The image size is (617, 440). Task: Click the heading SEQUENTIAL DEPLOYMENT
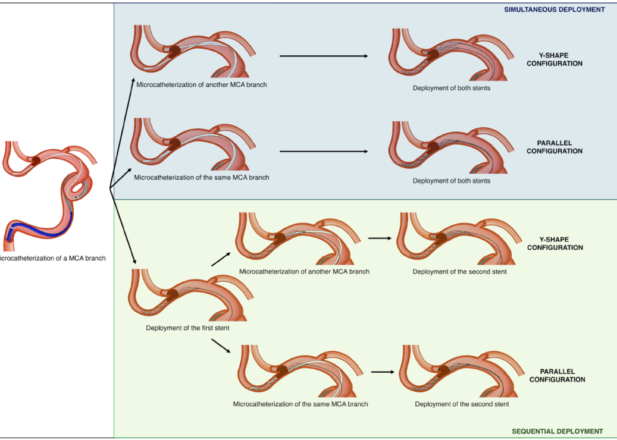558,431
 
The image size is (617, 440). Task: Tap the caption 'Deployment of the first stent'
187,328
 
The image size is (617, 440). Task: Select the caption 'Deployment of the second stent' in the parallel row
462,404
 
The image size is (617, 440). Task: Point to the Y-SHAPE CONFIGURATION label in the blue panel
554,59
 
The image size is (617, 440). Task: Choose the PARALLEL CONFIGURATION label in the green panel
557,375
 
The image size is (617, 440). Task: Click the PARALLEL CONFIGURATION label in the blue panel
554,147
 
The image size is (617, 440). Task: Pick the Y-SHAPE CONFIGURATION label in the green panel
555,244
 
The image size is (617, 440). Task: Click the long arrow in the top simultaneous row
323,56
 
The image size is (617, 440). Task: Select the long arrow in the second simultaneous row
323,151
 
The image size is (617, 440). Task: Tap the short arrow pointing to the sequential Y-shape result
380,238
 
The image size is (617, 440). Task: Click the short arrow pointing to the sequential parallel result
383,372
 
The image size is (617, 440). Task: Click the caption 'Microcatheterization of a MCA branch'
53,258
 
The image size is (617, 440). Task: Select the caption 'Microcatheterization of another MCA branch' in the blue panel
201,84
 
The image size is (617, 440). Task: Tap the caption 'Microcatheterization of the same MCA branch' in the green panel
300,404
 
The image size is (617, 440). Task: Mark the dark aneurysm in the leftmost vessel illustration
36,161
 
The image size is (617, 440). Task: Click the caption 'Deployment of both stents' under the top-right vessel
451,88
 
